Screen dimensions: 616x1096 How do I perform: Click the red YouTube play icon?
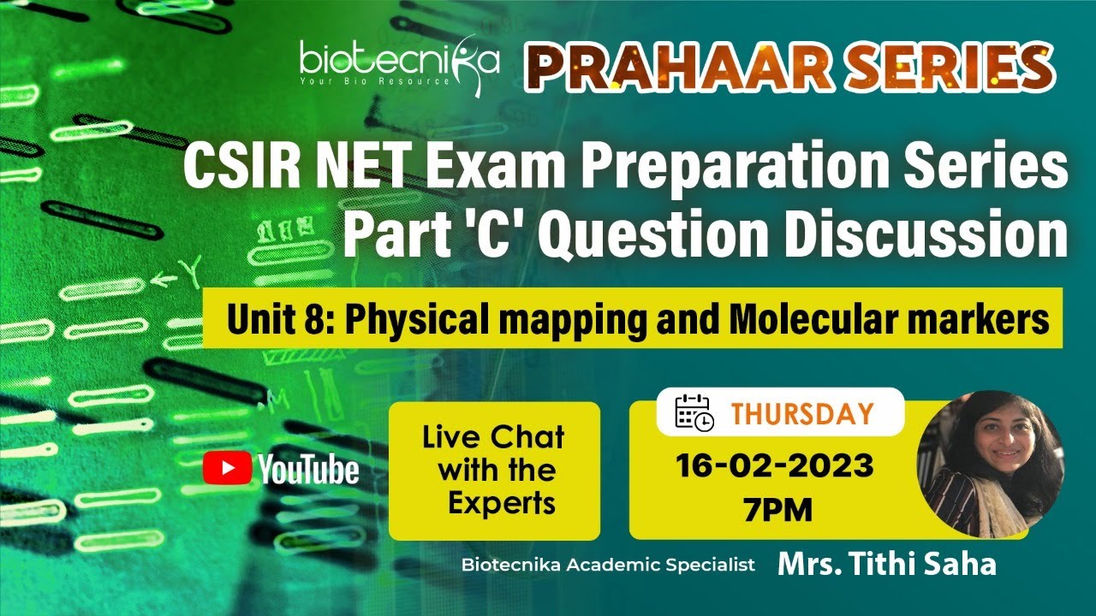coord(227,468)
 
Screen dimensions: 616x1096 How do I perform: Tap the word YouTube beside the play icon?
coord(308,469)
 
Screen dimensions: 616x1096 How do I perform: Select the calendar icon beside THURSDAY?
coord(694,412)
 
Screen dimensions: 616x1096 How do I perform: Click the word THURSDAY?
coord(801,414)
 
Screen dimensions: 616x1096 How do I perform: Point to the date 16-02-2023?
coord(774,466)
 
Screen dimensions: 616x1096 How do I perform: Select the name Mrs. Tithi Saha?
coord(886,565)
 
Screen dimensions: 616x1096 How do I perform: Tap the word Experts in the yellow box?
coord(502,503)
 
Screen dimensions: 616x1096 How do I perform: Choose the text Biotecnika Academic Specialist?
coord(608,566)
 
